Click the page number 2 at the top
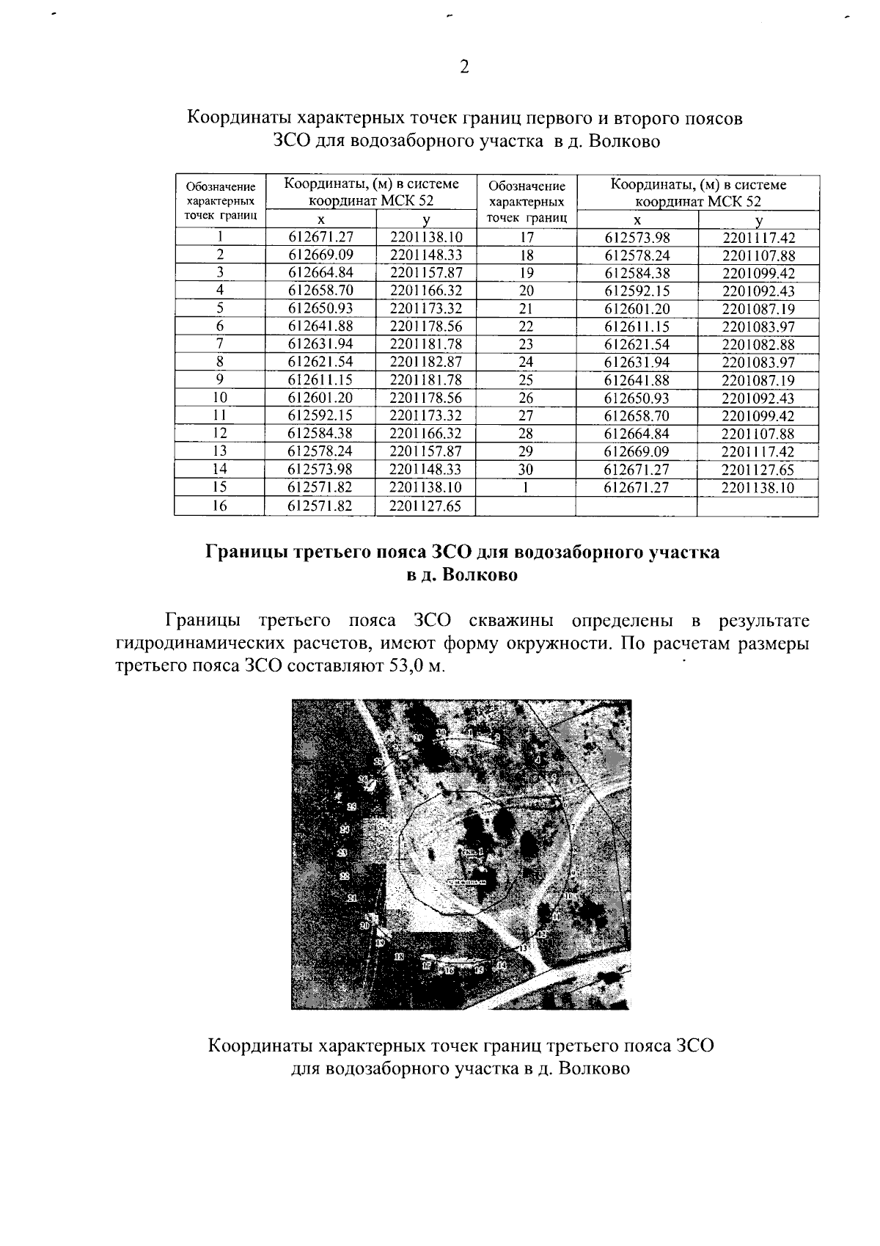click(463, 68)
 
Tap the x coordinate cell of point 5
click(321, 308)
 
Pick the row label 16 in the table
click(219, 505)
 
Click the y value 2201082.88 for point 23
click(758, 344)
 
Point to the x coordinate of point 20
click(637, 291)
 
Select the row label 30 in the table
click(526, 470)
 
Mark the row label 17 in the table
click(526, 237)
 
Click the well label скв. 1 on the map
click(473, 850)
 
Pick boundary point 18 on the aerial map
click(399, 957)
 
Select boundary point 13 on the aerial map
click(523, 948)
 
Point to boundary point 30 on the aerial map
click(441, 733)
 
